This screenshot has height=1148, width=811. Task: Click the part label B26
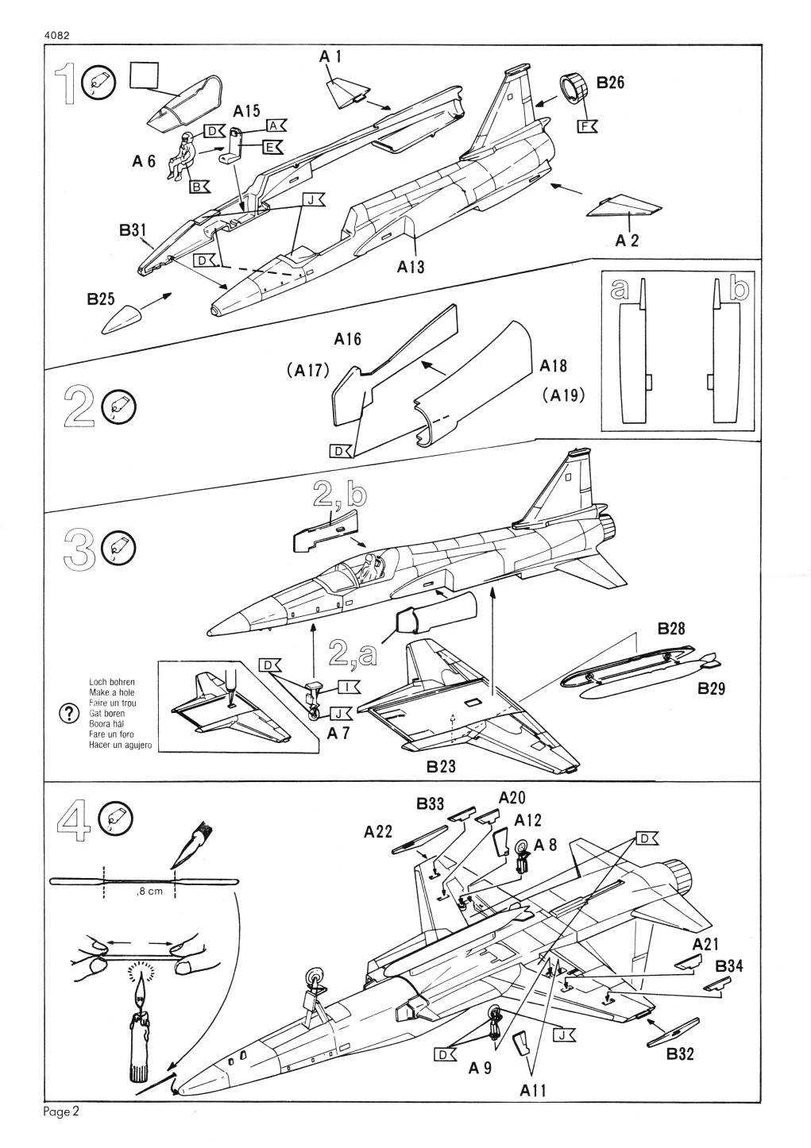click(610, 82)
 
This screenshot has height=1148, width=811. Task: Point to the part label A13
click(411, 268)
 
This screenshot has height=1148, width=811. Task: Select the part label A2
click(627, 241)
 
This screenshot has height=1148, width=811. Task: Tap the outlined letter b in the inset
click(738, 290)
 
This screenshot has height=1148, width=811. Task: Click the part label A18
click(554, 365)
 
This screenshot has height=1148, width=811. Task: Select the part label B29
click(712, 688)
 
